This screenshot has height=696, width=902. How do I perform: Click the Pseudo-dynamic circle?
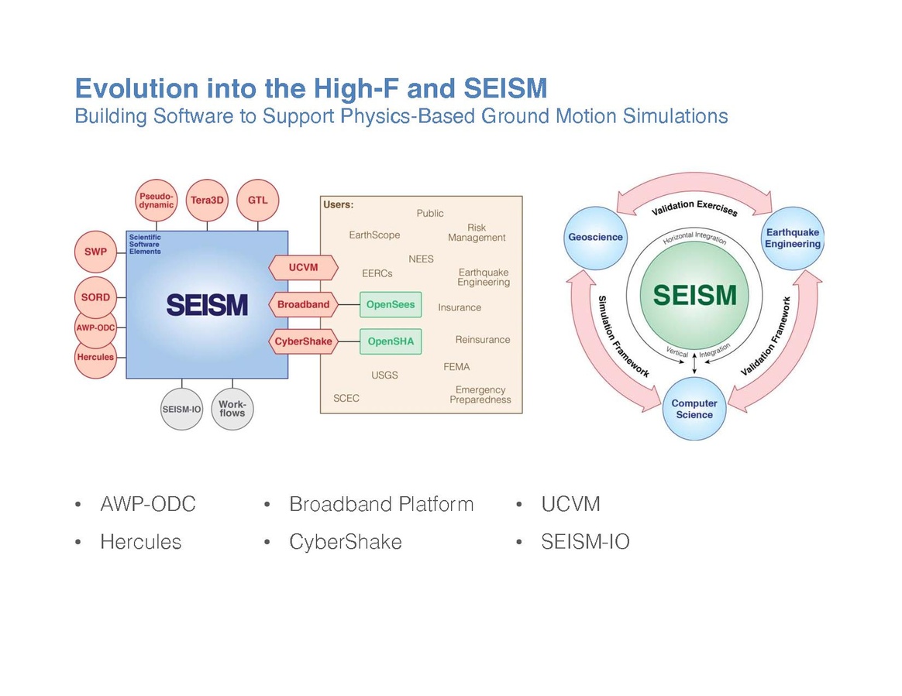157,200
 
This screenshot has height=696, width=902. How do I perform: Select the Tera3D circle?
207,200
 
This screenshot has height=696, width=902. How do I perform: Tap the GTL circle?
257,200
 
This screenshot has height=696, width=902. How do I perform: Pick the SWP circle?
95,252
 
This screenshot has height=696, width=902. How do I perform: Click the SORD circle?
95,297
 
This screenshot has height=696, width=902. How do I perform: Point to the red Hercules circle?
95,357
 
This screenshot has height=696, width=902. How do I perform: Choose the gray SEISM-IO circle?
181,408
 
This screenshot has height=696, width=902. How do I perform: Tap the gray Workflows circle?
232,408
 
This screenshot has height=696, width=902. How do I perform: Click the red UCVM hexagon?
303,268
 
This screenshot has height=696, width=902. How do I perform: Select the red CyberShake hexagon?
303,341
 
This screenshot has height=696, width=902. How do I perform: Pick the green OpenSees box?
391,304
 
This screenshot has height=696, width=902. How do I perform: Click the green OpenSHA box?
391,341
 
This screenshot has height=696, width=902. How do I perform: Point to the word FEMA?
456,367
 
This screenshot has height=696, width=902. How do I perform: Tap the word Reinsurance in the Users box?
483,340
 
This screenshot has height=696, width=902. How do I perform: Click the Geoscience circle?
595,237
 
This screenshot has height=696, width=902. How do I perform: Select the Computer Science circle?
694,409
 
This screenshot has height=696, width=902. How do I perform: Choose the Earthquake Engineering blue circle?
792,238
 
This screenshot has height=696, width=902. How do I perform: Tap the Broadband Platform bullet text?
380,505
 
